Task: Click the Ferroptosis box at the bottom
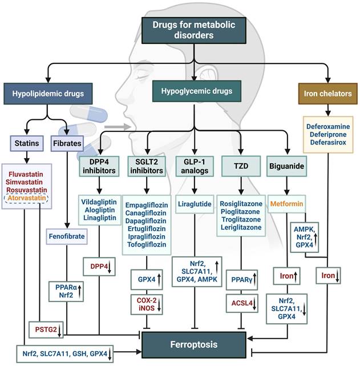[195, 345]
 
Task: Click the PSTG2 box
[45, 329]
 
